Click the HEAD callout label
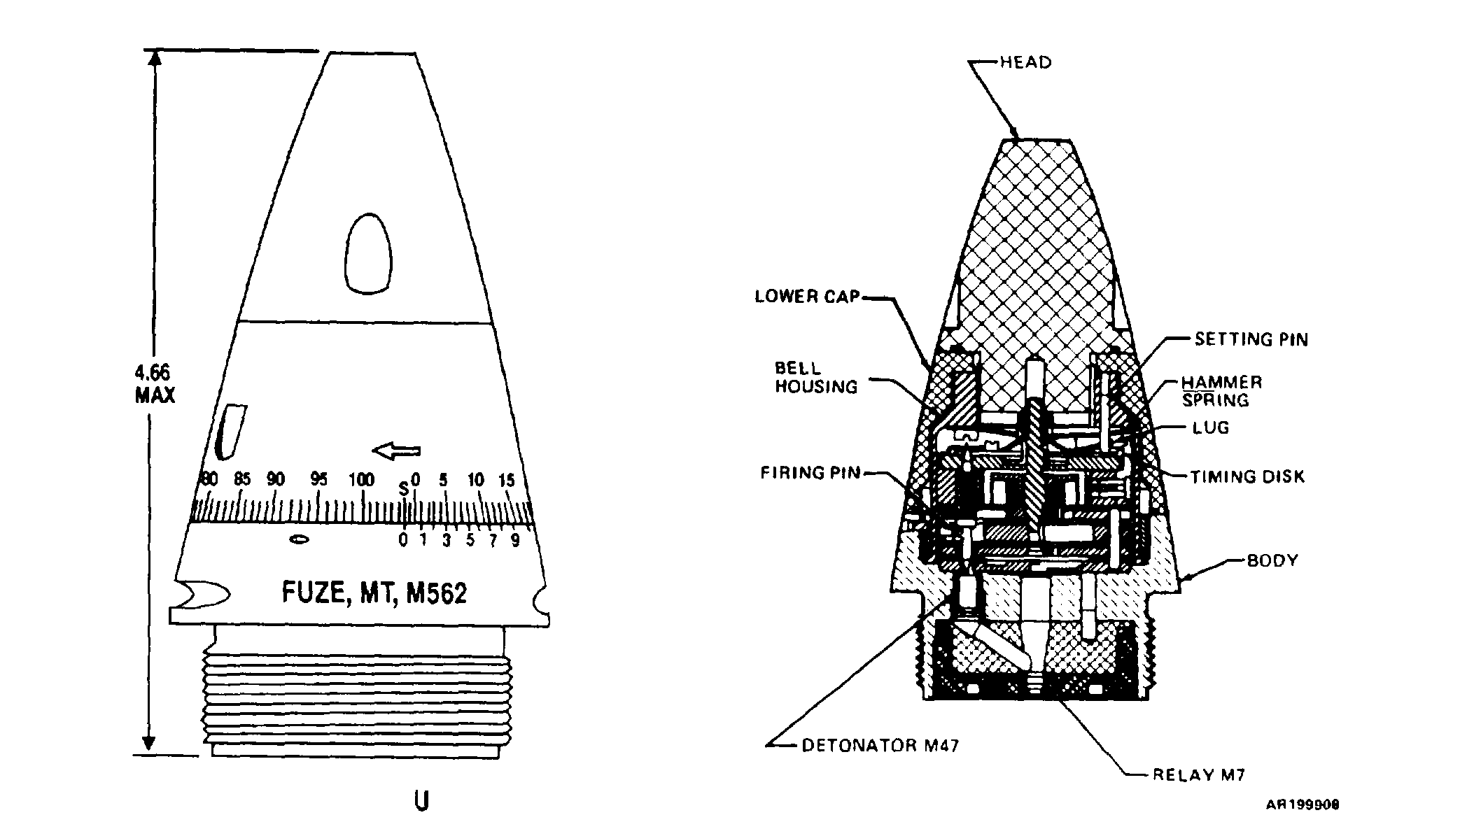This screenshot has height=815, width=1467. tap(1025, 62)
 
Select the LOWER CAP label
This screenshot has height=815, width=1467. tap(807, 297)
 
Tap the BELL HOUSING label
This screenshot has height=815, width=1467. tap(816, 377)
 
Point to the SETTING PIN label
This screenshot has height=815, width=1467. tap(1251, 339)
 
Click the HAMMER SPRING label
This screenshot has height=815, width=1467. tap(1222, 391)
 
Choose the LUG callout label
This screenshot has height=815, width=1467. tap(1211, 427)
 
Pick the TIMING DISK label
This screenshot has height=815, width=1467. tap(1248, 477)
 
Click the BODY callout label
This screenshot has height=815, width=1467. tap(1272, 560)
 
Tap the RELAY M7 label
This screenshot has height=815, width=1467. tap(1199, 774)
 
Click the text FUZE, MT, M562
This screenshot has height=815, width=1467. tap(374, 593)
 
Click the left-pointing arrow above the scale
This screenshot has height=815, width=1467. tap(397, 451)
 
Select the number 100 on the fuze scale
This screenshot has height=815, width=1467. tap(361, 480)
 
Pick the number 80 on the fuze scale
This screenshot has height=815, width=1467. tap(209, 479)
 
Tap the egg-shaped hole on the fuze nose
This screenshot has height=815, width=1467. tap(368, 253)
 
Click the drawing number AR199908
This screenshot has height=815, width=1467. tap(1303, 805)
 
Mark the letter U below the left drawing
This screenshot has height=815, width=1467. tap(421, 801)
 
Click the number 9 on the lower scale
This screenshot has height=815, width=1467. tap(515, 541)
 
